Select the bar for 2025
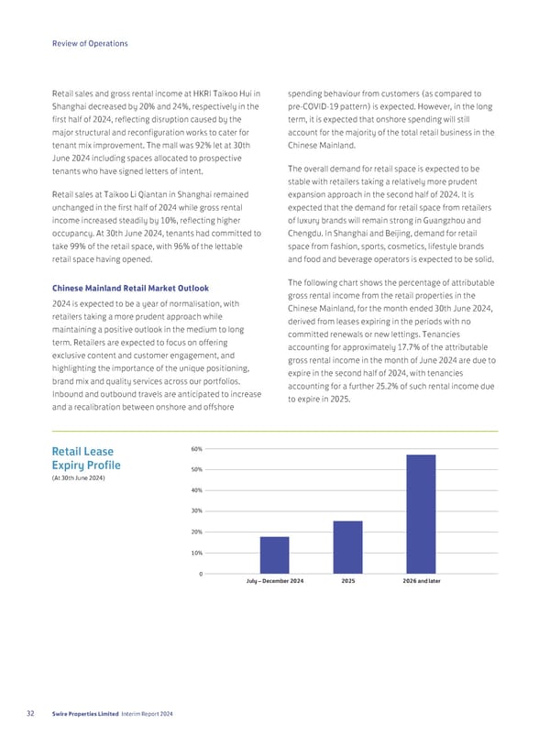pyautogui.click(x=347, y=547)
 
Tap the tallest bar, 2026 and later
pyautogui.click(x=421, y=514)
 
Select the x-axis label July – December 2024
pyautogui.click(x=274, y=583)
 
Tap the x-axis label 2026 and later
pyautogui.click(x=421, y=583)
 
